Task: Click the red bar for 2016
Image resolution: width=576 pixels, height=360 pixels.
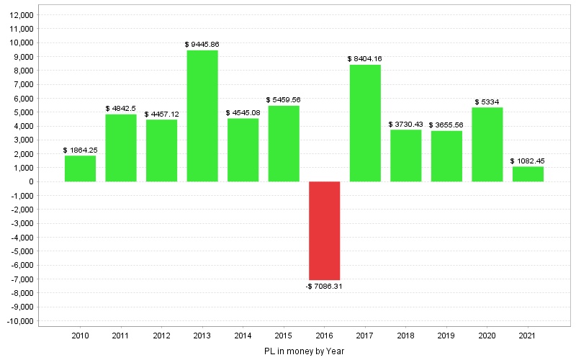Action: click(x=324, y=230)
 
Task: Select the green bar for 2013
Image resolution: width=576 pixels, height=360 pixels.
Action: click(x=202, y=115)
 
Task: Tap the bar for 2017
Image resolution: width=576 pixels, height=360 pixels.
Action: click(x=365, y=122)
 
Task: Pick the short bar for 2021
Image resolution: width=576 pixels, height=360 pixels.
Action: click(x=528, y=174)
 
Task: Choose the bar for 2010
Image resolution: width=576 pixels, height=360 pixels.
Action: click(x=80, y=168)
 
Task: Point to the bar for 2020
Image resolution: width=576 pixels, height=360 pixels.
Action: click(x=487, y=144)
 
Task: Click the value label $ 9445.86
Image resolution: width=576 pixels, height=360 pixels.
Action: click(x=202, y=45)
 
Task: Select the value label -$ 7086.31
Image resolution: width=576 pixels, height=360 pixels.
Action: click(x=324, y=286)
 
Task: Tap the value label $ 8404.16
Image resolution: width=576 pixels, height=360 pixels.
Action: click(x=365, y=59)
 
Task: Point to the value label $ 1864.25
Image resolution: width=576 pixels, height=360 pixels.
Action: click(x=80, y=150)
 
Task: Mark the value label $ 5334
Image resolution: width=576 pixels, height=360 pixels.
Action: click(x=487, y=102)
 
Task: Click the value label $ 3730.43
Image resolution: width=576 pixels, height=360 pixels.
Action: click(x=406, y=124)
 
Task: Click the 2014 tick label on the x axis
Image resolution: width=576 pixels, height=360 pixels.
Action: click(x=243, y=336)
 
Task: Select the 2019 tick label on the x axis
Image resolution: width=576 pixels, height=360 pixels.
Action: click(x=446, y=336)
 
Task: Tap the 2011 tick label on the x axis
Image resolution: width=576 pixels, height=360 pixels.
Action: click(x=121, y=336)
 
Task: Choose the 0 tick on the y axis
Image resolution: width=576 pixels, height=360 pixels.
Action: click(x=32, y=182)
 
